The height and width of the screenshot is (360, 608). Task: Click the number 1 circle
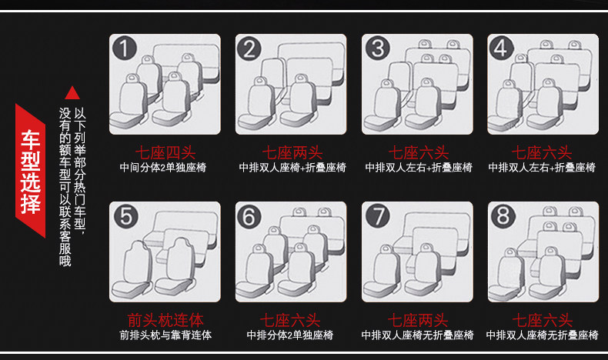coord(125,49)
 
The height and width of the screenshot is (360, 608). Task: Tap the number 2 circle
coord(249,49)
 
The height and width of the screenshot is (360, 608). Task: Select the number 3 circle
coord(376,49)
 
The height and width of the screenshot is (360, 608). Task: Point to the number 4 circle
coord(502,49)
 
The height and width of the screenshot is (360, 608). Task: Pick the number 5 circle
coord(125,217)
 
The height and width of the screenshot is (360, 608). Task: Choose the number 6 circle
coord(249,217)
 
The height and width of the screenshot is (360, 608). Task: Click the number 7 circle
coord(376,217)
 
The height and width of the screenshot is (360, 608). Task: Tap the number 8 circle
coord(502,217)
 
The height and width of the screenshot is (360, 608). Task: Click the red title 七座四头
coord(165,152)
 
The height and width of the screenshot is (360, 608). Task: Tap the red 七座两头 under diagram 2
coord(291,152)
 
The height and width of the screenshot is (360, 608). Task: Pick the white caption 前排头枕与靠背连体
coord(165,335)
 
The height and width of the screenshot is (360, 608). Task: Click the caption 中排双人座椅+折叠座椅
coord(292,167)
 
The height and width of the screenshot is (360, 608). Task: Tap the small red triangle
coord(72,93)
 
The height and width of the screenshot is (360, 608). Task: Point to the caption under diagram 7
coord(416,335)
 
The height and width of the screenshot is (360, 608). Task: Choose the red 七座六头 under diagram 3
coord(418,152)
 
